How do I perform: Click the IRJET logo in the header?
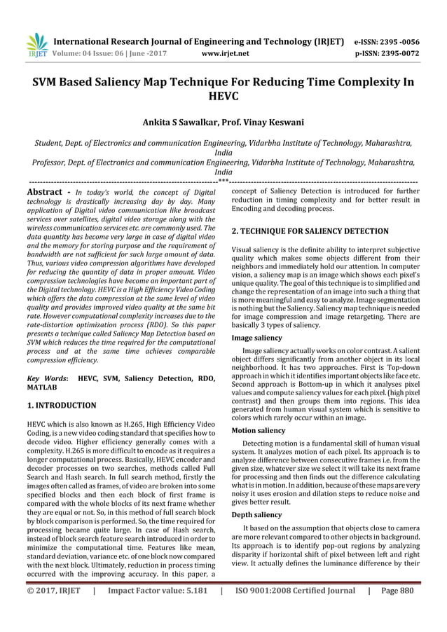point(36,44)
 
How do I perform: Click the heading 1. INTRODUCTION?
point(61,405)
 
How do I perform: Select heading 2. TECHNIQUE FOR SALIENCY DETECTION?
point(310,231)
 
